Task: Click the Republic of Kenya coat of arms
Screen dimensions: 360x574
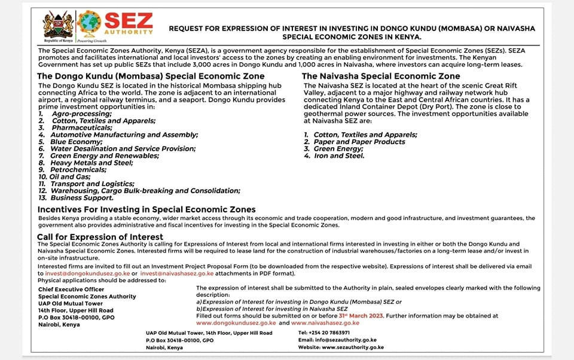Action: point(58,25)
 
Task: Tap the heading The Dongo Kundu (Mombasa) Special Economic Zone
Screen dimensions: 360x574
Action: point(151,77)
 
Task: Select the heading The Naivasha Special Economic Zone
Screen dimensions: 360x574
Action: point(381,77)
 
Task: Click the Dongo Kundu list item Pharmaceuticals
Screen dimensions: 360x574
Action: point(81,128)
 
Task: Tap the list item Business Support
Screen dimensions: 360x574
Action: point(81,198)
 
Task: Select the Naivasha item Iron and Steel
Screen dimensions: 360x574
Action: point(338,155)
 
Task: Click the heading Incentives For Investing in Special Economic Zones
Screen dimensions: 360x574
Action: point(146,209)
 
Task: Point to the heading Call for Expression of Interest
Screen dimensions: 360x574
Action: point(100,237)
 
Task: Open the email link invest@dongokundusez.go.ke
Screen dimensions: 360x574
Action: point(87,274)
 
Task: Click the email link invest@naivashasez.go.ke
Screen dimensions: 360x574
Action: point(176,274)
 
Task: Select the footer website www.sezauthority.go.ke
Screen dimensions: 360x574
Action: point(353,347)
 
